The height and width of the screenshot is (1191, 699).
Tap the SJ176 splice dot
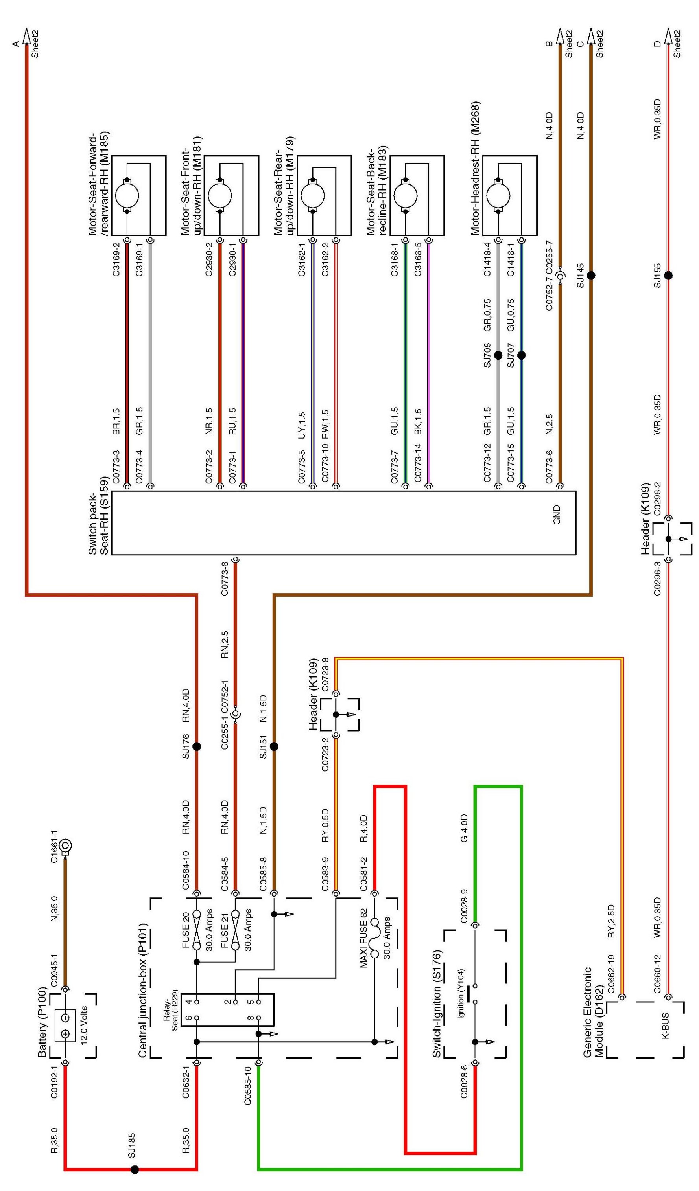(x=197, y=746)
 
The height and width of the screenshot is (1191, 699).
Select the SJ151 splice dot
(x=274, y=746)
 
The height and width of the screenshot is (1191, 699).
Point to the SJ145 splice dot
(x=591, y=276)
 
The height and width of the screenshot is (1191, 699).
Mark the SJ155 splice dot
(x=668, y=276)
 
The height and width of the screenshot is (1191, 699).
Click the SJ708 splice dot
(x=498, y=355)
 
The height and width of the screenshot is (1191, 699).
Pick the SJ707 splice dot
(x=521, y=355)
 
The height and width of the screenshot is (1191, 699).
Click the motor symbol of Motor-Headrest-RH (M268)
(x=498, y=196)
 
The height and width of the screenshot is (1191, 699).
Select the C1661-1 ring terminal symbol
(x=66, y=845)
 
